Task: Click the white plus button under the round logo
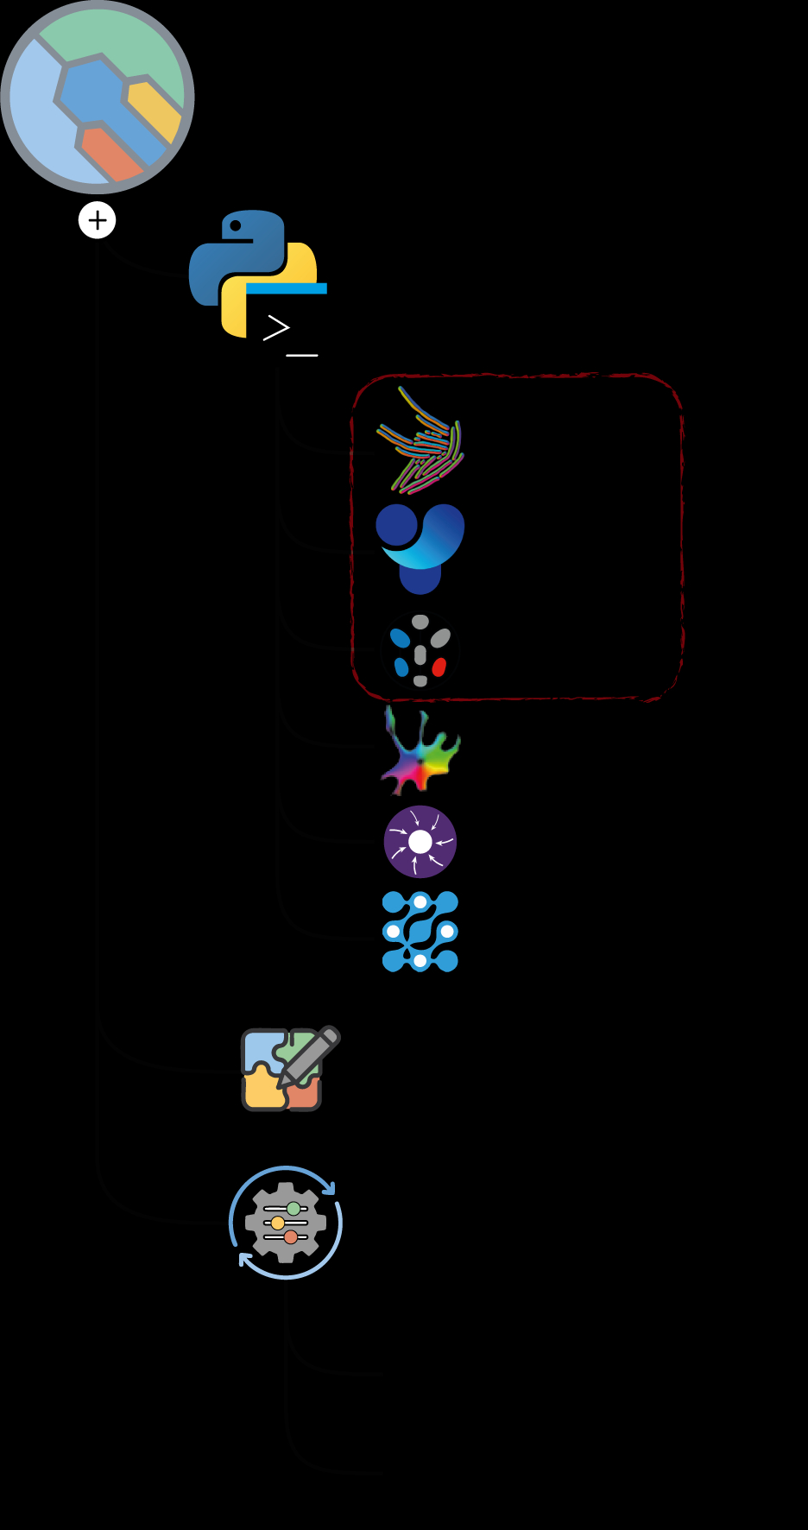[98, 220]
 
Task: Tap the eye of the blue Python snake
[236, 227]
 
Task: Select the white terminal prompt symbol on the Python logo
[276, 328]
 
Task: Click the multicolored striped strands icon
[421, 441]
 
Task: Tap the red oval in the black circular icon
[439, 667]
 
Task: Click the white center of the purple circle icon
[420, 842]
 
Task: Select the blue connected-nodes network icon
[420, 932]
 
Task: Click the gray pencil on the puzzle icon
[308, 1055]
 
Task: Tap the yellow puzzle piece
[262, 1090]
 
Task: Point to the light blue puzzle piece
[260, 1048]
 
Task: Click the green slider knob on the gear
[294, 1208]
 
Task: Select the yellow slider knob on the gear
[278, 1223]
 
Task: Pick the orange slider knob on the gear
[291, 1237]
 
